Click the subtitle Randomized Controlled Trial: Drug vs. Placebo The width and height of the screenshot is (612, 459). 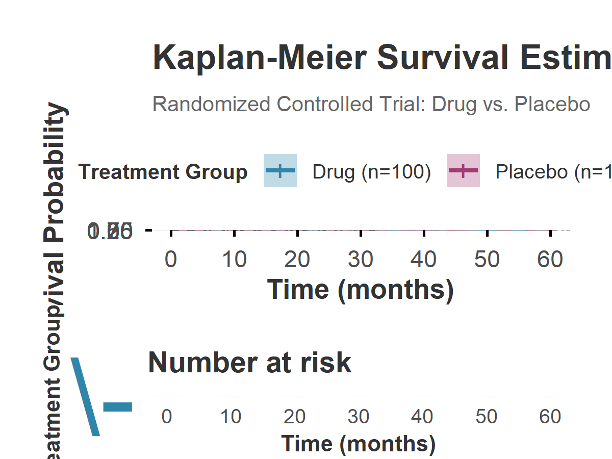pyautogui.click(x=371, y=104)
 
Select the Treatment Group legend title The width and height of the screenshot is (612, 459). pyautogui.click(x=163, y=172)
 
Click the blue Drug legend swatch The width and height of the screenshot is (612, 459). pyautogui.click(x=280, y=170)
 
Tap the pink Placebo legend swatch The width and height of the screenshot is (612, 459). pyautogui.click(x=463, y=170)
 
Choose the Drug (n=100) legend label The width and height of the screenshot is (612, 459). pyautogui.click(x=372, y=172)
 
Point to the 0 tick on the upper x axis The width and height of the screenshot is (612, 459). pyautogui.click(x=171, y=259)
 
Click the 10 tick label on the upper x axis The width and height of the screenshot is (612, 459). pyautogui.click(x=234, y=259)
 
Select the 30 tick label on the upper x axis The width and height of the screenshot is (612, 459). pyautogui.click(x=361, y=259)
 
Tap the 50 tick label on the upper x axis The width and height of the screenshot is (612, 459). pyautogui.click(x=487, y=259)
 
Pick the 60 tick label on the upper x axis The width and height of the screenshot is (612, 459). pyautogui.click(x=550, y=259)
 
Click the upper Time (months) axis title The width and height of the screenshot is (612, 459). pyautogui.click(x=361, y=289)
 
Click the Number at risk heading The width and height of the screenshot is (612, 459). pyautogui.click(x=249, y=363)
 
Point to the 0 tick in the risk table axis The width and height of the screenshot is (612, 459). pyautogui.click(x=167, y=417)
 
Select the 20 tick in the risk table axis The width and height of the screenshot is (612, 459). pyautogui.click(x=295, y=417)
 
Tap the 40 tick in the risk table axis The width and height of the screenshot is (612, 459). pyautogui.click(x=422, y=417)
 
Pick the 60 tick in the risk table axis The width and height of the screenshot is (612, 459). pyautogui.click(x=550, y=417)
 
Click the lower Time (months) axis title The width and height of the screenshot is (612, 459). pyautogui.click(x=359, y=443)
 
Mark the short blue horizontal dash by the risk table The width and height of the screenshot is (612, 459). pyautogui.click(x=118, y=406)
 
